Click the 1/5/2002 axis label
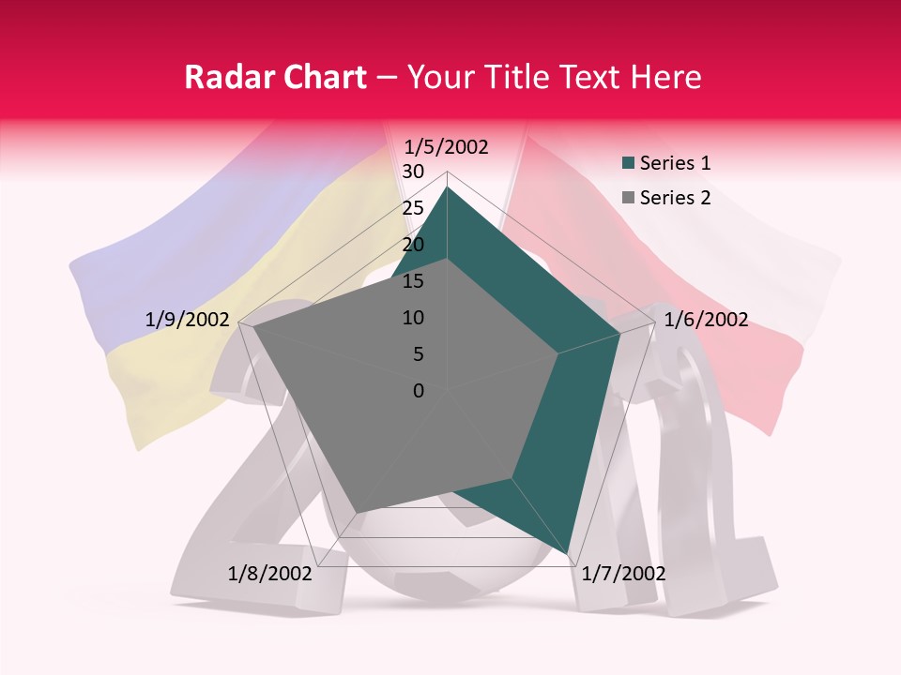(446, 146)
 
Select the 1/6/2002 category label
(706, 320)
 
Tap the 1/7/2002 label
(623, 573)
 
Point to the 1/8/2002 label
(270, 573)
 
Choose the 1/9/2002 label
(187, 320)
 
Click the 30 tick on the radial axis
(412, 172)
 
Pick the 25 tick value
(412, 208)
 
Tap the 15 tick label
(412, 281)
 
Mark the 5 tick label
(418, 354)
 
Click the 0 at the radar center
(419, 391)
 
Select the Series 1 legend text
(675, 163)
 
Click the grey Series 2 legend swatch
(628, 198)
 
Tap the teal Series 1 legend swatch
(628, 164)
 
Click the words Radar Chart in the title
(275, 77)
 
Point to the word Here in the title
(665, 77)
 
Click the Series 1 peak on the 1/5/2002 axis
(447, 187)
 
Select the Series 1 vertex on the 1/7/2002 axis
(569, 554)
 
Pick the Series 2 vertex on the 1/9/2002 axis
(253, 327)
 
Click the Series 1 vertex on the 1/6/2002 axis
(619, 333)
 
